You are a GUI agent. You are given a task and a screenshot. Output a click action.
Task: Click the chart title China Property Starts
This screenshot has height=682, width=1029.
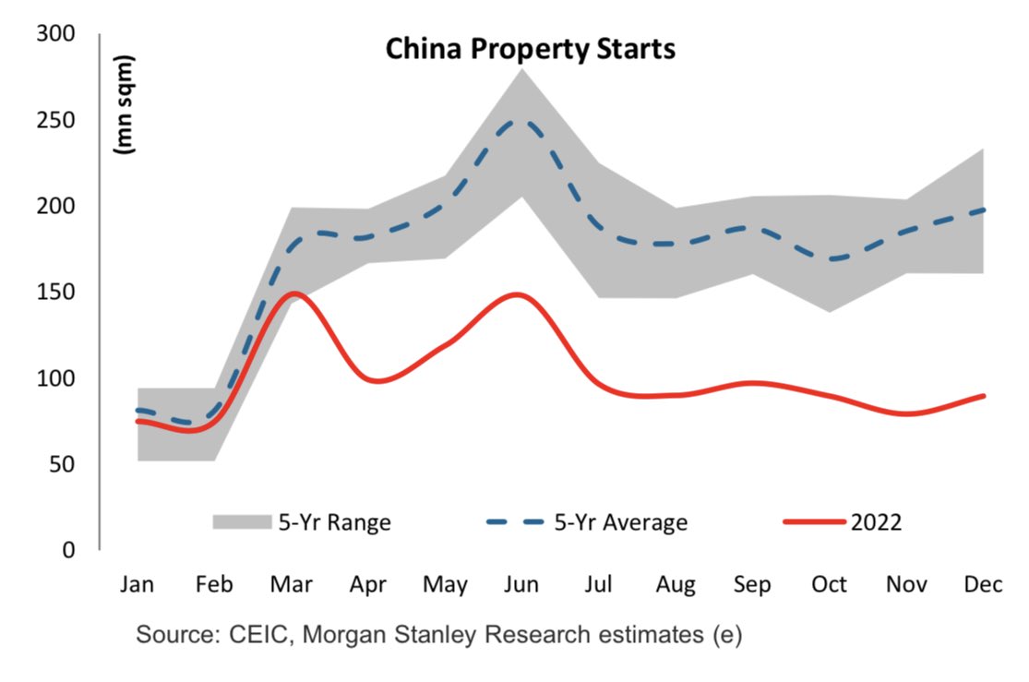click(x=530, y=48)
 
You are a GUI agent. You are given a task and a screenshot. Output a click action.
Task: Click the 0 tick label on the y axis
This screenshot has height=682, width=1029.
click(x=67, y=550)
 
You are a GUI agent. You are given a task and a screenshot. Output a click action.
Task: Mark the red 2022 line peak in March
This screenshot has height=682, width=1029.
click(x=293, y=293)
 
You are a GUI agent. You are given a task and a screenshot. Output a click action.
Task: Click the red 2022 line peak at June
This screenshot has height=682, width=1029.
click(x=519, y=294)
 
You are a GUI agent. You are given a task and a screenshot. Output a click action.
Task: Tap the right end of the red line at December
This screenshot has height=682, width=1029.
click(x=983, y=396)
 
